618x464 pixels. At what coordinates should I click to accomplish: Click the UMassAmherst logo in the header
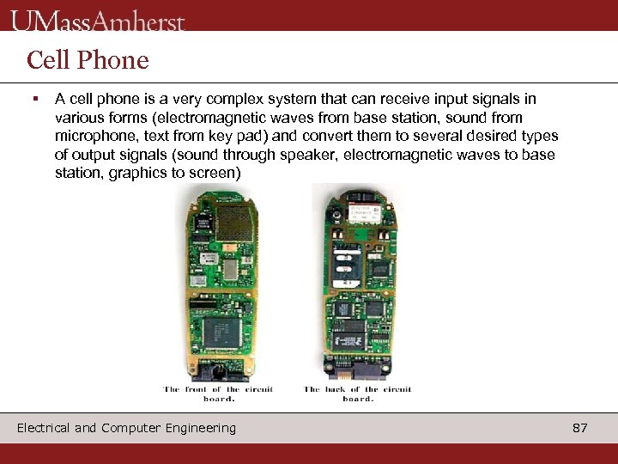coord(98,20)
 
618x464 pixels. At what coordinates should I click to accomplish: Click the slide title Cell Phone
coord(88,60)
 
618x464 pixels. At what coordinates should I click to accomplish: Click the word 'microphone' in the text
coord(92,137)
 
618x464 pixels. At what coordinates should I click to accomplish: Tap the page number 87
coord(579,428)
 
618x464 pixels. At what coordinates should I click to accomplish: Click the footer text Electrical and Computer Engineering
coord(126,428)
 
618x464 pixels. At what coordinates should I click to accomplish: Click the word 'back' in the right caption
coord(336,389)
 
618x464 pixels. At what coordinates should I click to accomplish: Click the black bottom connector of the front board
coord(217,371)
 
